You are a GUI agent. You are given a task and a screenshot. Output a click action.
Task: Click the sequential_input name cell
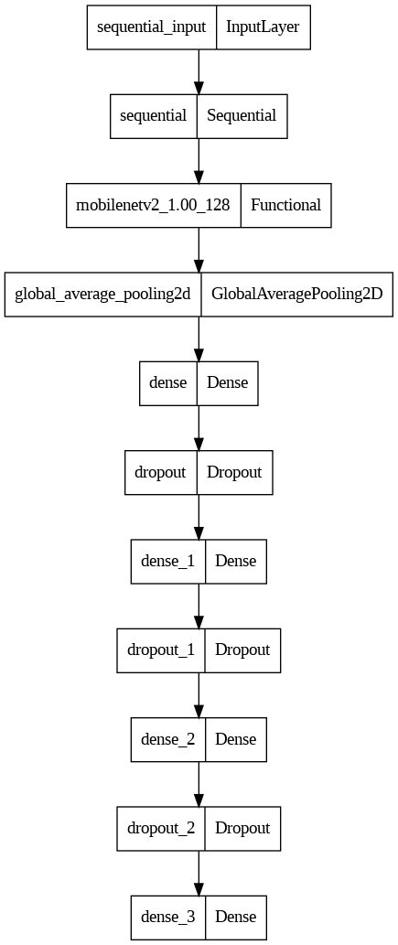[152, 27]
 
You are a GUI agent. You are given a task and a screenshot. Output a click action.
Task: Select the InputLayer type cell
[264, 27]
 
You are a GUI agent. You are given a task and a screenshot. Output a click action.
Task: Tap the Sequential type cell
[242, 115]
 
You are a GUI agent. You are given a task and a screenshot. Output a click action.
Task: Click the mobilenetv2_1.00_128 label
[153, 205]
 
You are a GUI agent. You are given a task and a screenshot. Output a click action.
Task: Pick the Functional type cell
[285, 205]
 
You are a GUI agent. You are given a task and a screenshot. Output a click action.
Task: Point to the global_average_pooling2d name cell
[103, 294]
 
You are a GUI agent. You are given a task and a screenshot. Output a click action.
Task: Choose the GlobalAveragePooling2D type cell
[297, 294]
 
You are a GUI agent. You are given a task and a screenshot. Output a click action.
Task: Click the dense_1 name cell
[168, 561]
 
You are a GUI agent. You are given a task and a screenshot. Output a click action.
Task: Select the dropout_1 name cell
[161, 650]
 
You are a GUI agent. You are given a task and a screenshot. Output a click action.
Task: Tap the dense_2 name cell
[168, 739]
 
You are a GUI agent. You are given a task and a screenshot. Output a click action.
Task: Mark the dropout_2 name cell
[161, 828]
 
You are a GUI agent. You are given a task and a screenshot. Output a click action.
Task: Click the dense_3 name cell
[168, 918]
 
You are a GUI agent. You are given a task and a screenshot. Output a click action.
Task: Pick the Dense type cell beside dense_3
[236, 918]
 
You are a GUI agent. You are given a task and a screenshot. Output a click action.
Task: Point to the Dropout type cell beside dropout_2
[243, 828]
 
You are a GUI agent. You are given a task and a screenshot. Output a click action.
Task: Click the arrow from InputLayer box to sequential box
[199, 71]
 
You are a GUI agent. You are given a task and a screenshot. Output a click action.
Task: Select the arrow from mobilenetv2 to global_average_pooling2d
[199, 250]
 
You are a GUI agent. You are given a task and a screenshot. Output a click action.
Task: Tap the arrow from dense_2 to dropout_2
[199, 783]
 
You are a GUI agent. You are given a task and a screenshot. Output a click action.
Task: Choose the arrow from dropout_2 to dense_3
[199, 873]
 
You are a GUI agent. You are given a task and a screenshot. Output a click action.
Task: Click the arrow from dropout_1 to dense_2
[199, 695]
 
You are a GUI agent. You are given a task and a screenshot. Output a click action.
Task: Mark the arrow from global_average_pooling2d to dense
[199, 338]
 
